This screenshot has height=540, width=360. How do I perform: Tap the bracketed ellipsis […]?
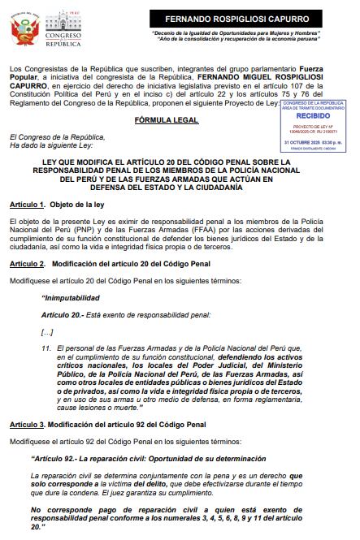[47, 332]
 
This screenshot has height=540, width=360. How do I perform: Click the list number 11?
[46, 348]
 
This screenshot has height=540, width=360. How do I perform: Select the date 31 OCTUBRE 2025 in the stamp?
[315, 141]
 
